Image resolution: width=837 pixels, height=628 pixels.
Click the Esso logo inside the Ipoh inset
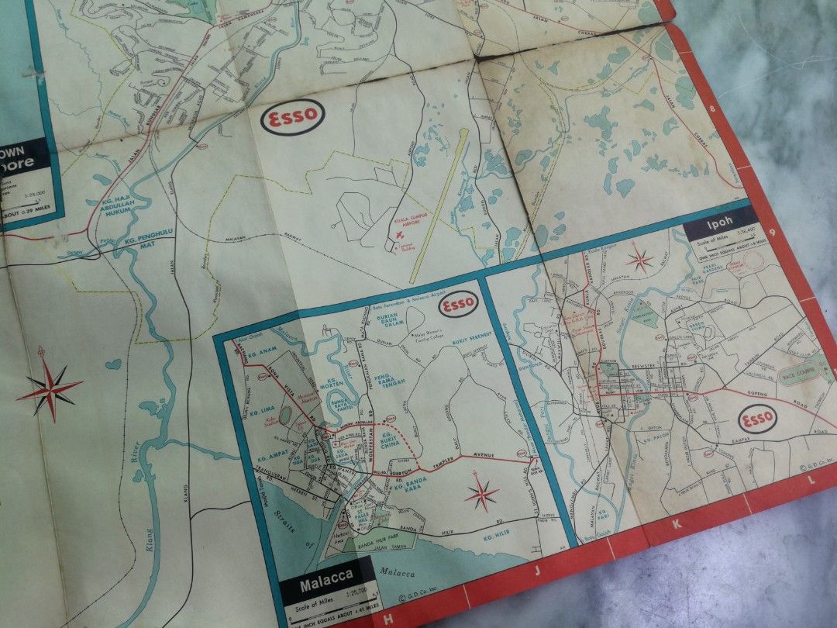click(x=757, y=419)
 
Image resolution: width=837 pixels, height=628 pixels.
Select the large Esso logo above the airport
click(x=292, y=119)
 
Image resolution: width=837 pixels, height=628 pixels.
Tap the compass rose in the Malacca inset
click(x=482, y=493)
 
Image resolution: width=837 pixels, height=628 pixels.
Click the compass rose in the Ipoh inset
click(x=640, y=259)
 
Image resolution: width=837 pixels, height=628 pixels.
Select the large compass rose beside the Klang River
click(x=49, y=386)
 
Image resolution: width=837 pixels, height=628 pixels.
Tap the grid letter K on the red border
click(x=677, y=525)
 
